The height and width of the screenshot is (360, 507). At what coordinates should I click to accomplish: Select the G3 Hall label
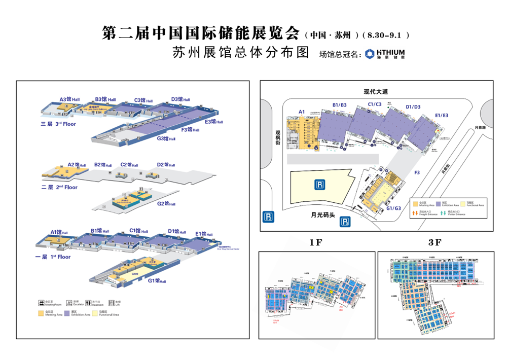[166, 138]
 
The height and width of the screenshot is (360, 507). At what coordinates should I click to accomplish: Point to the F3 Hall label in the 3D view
[190, 130]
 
